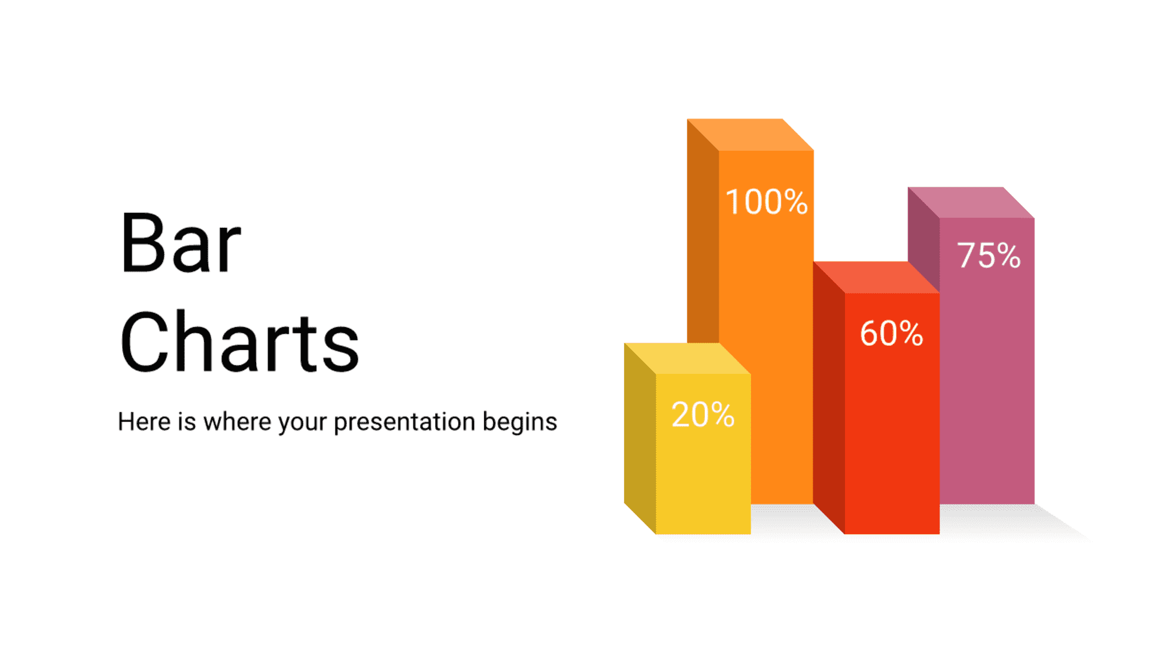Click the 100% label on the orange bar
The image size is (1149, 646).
pos(767,202)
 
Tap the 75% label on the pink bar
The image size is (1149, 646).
pos(989,255)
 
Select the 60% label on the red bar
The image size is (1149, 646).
pos(892,333)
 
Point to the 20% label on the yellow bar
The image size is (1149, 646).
pos(703,414)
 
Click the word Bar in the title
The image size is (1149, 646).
pos(180,243)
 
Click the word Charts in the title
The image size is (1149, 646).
pos(239,342)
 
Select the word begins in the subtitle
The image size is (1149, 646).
pos(520,422)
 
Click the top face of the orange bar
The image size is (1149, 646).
pos(750,135)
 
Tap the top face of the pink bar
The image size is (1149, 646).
pos(971,203)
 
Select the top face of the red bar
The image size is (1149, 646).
pos(876,278)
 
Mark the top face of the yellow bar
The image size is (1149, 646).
pos(688,358)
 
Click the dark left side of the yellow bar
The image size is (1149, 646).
pos(640,438)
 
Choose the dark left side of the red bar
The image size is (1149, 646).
pos(829,398)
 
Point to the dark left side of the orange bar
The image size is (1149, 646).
pos(703,239)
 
